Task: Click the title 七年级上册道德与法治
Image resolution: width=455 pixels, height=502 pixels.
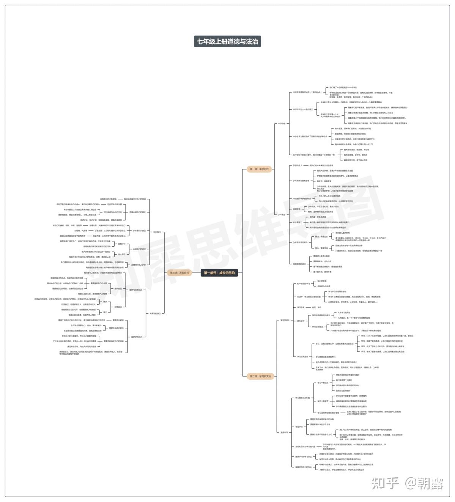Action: pyautogui.click(x=227, y=41)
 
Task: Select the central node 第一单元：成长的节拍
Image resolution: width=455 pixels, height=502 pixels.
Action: pyautogui.click(x=219, y=272)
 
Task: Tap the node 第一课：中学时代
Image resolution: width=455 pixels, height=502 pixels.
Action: pyautogui.click(x=259, y=169)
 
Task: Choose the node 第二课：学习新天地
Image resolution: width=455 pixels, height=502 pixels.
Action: pyautogui.click(x=260, y=376)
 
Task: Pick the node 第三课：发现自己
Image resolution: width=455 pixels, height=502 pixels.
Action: pyautogui.click(x=179, y=272)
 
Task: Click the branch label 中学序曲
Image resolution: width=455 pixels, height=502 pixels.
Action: pyautogui.click(x=282, y=123)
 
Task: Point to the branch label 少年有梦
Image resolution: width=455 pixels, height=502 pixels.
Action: pyautogui.click(x=282, y=215)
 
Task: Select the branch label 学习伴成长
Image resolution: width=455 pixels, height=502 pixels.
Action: pyautogui.click(x=285, y=320)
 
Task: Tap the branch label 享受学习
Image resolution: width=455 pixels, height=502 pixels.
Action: pyautogui.click(x=284, y=432)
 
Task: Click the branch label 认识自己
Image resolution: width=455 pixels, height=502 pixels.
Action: pyautogui.click(x=157, y=232)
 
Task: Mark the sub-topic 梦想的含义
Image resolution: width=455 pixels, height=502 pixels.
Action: pyautogui.click(x=298, y=165)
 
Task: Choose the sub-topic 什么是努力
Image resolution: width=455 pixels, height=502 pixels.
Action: pyautogui.click(x=298, y=222)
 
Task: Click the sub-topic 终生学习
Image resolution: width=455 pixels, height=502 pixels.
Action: pyautogui.click(x=301, y=321)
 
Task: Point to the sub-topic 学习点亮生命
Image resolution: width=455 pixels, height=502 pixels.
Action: pyautogui.click(x=302, y=357)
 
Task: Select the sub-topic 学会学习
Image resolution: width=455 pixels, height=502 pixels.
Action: pyautogui.click(x=299, y=427)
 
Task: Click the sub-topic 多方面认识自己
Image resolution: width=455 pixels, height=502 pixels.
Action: pyautogui.click(x=139, y=230)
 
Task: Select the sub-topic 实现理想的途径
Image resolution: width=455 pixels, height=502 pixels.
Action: pyautogui.click(x=299, y=264)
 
